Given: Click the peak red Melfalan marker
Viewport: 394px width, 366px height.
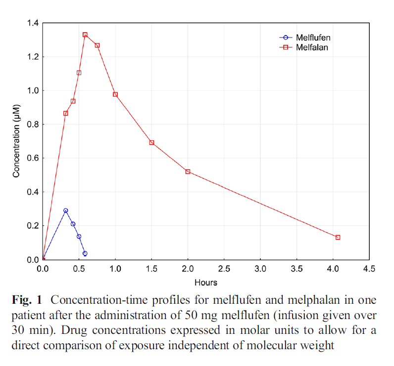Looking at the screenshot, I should click(85, 35).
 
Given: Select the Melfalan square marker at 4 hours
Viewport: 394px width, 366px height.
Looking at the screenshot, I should click(338, 238).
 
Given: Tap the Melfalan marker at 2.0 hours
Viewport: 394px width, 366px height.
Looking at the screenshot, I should click(188, 171).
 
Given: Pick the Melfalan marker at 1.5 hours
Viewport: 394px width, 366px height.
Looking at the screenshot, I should click(151, 143).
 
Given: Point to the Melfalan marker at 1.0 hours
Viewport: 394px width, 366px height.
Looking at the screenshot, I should click(115, 94).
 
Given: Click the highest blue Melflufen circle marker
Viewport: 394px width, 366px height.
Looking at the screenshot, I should click(65, 210).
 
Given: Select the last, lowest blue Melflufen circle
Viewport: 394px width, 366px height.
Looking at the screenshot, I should click(85, 253).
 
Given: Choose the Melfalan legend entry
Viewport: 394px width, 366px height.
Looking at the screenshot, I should click(312, 47).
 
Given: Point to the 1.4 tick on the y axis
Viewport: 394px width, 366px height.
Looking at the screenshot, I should click(31, 23).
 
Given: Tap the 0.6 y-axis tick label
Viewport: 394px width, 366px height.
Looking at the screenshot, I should click(31, 159).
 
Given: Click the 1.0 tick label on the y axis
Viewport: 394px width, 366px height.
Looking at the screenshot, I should click(31, 91).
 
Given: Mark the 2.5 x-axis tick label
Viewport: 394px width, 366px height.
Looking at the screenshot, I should click(224, 269).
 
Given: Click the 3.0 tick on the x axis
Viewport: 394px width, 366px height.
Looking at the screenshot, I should click(260, 269).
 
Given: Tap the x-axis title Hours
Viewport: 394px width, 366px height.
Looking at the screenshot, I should click(206, 283).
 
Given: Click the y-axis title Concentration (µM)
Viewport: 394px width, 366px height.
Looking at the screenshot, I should click(16, 141).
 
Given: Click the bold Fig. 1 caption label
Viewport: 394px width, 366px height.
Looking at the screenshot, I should click(29, 300).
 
